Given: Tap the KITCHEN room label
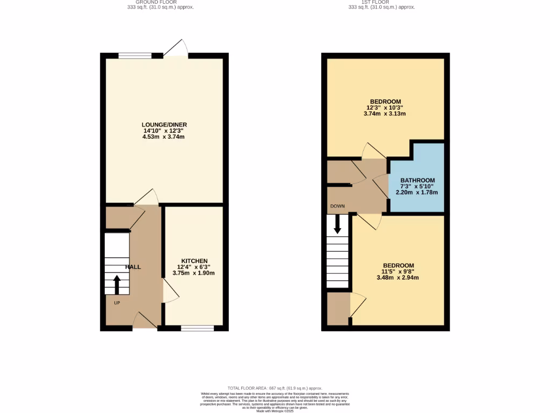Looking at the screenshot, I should click(194, 261).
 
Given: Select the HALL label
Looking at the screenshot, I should click(133, 267).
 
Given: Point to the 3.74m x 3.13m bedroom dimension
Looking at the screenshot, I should click(385, 113).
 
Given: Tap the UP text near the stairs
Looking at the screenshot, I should click(117, 303).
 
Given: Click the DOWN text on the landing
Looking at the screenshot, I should click(338, 206).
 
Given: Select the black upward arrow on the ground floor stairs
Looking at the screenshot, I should click(117, 283).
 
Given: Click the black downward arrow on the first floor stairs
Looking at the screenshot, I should click(337, 224).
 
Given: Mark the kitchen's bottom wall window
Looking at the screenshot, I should click(197, 327).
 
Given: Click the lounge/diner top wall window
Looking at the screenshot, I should click(135, 55).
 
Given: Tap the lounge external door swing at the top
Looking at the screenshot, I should click(176, 48).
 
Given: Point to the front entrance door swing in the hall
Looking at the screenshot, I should click(144, 321).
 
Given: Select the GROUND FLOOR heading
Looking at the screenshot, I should click(157, 2).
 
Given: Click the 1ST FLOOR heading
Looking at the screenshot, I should click(381, 2).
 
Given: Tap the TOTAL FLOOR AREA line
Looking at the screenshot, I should click(274, 388).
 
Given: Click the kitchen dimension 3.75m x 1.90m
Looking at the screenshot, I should click(193, 273).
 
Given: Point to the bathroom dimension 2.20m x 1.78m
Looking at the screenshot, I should click(417, 193).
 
